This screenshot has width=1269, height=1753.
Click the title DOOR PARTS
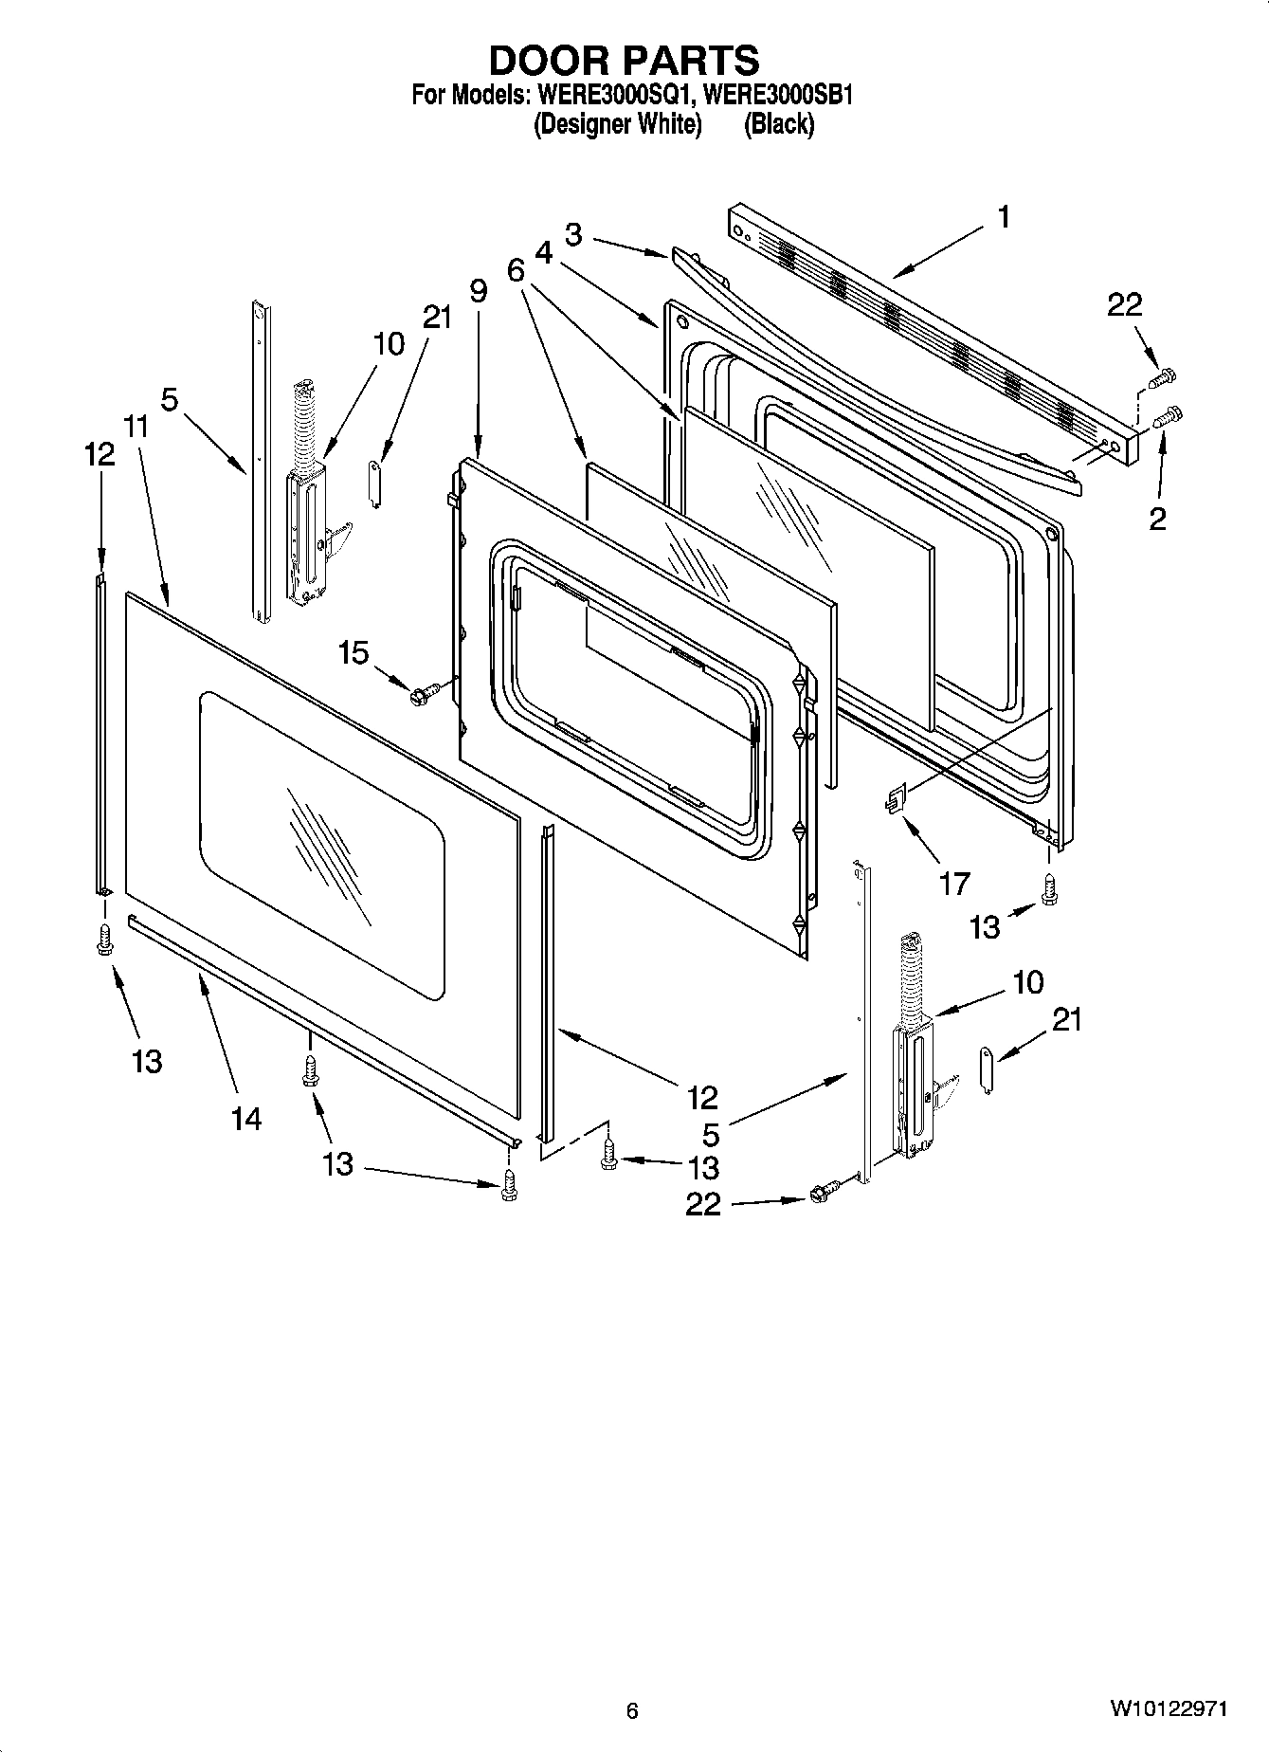[624, 60]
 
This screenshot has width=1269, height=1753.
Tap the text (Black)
[779, 124]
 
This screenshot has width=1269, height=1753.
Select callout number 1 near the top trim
[1003, 217]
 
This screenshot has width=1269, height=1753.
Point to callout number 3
[572, 233]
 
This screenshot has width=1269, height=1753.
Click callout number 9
[478, 290]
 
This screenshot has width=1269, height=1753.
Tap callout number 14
[245, 1119]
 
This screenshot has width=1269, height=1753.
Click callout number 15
[354, 652]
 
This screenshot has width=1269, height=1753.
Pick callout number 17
[953, 883]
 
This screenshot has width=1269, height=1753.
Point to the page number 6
[632, 1710]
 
